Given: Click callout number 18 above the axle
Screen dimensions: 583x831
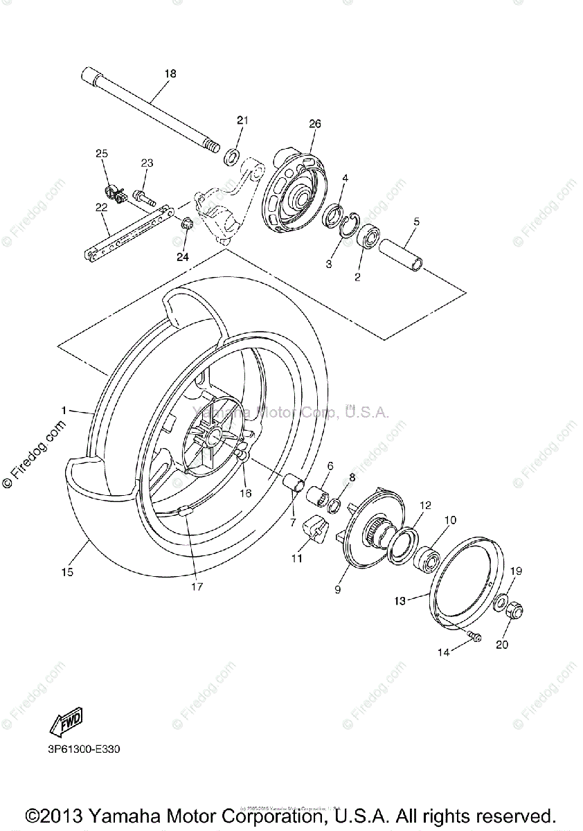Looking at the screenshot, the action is (170, 73).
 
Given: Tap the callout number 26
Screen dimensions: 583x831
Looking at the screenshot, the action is (315, 124).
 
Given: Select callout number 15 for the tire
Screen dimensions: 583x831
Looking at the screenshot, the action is (67, 572).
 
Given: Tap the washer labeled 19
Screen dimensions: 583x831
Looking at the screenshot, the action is (501, 600).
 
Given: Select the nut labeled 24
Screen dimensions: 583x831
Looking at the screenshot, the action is (186, 224).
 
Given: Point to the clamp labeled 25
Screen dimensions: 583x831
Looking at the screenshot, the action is (113, 192).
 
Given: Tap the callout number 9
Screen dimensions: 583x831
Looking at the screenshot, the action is (338, 589).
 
